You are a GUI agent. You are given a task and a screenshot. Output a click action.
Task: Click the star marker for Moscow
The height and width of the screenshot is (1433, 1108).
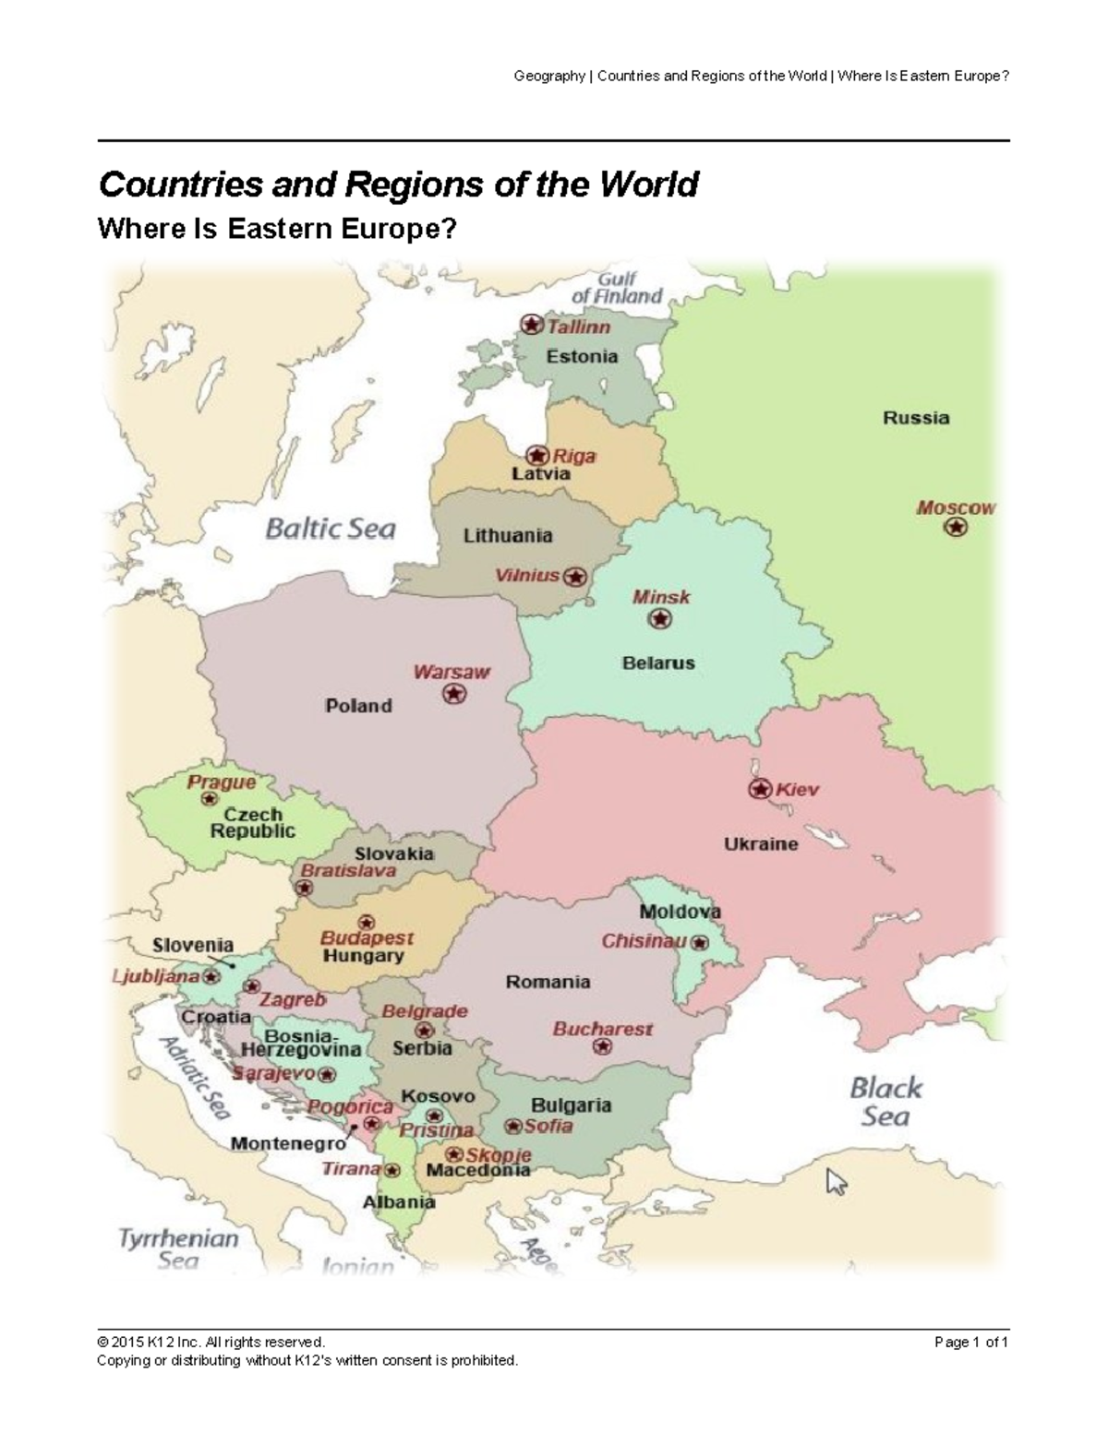click(956, 527)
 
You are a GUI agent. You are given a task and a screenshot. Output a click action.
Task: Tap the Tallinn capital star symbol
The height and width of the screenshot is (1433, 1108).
click(531, 324)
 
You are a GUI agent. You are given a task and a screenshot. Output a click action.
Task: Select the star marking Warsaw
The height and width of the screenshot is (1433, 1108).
click(453, 694)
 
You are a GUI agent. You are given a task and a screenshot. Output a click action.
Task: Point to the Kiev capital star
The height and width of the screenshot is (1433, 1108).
click(759, 789)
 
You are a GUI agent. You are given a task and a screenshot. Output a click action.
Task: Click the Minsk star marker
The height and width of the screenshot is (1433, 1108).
click(659, 619)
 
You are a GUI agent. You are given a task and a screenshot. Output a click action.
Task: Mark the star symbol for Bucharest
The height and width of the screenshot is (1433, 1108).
click(603, 1046)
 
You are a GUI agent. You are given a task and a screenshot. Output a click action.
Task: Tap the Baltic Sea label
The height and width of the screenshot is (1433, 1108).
click(331, 529)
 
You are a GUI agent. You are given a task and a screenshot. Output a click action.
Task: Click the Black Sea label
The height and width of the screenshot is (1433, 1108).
click(885, 1102)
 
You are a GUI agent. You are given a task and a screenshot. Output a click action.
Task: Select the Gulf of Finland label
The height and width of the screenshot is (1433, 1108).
click(617, 288)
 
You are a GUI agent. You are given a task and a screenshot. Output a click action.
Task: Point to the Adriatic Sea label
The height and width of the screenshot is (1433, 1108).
click(196, 1078)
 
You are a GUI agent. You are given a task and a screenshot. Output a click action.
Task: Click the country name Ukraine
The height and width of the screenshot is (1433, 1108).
click(761, 843)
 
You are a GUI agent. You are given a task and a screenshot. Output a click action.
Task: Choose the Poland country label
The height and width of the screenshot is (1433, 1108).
click(358, 706)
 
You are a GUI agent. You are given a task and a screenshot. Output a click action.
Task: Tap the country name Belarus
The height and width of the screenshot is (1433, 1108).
click(658, 663)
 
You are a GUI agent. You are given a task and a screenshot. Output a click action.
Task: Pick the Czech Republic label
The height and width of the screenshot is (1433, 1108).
click(253, 822)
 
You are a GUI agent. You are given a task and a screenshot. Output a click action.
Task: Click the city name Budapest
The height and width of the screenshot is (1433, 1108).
click(367, 937)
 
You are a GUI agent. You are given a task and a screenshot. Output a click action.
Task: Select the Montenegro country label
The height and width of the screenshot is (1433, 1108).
click(288, 1143)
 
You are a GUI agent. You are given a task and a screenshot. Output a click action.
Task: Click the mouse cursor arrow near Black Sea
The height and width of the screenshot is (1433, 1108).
click(836, 1181)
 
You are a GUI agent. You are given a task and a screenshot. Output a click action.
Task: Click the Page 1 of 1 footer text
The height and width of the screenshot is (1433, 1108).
click(971, 1342)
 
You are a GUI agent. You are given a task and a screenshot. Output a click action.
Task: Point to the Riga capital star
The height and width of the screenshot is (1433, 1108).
click(537, 455)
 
